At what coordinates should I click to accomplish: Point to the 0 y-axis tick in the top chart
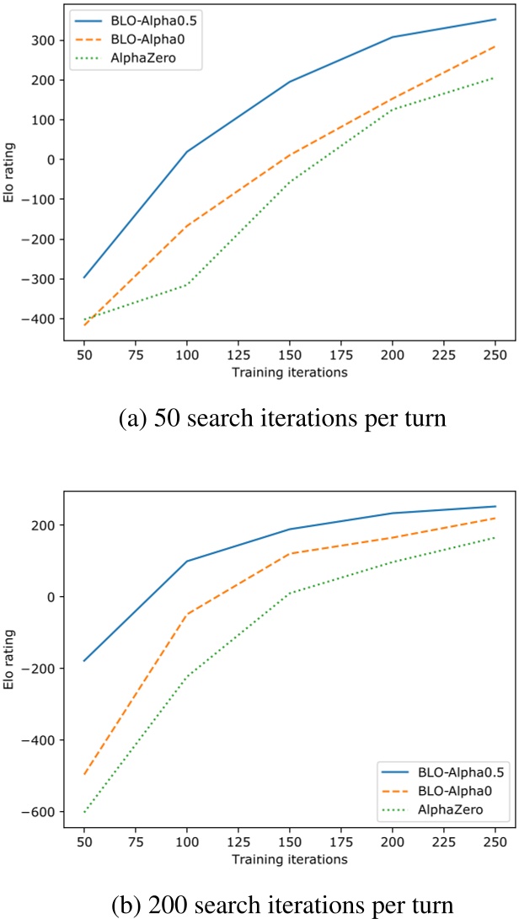point(51,159)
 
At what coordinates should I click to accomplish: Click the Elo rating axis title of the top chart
point(10,175)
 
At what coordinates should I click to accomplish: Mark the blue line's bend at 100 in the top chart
point(187,152)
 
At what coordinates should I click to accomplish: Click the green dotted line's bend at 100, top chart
point(187,284)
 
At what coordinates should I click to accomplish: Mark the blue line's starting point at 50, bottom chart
point(84,660)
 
